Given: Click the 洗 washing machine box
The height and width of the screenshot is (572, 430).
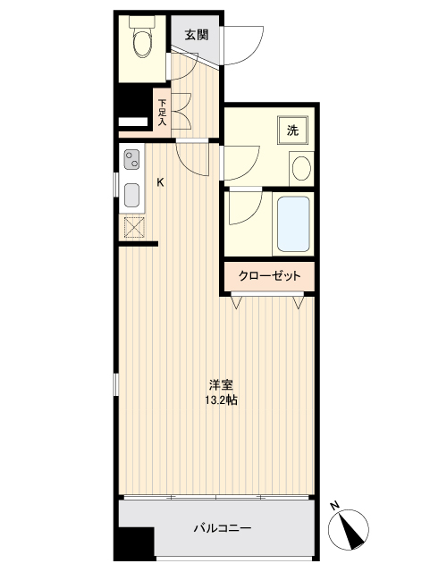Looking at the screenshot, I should (x=292, y=130).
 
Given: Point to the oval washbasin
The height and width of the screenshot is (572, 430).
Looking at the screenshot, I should (x=301, y=168).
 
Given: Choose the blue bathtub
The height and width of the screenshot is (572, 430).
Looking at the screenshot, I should (x=292, y=223).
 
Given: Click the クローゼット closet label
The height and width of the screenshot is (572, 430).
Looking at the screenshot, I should (x=268, y=276).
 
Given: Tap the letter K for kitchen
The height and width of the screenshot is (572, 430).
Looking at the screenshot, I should (x=161, y=183).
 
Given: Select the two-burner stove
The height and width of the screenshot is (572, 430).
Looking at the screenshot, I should (x=133, y=161).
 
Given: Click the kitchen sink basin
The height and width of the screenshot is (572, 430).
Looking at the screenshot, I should (x=131, y=195).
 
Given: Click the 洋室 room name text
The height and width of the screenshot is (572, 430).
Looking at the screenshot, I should (x=221, y=385).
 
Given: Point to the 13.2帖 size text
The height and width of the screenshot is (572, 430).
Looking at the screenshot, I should (x=221, y=400).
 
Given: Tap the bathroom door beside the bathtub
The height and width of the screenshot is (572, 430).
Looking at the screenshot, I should (x=241, y=210).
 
